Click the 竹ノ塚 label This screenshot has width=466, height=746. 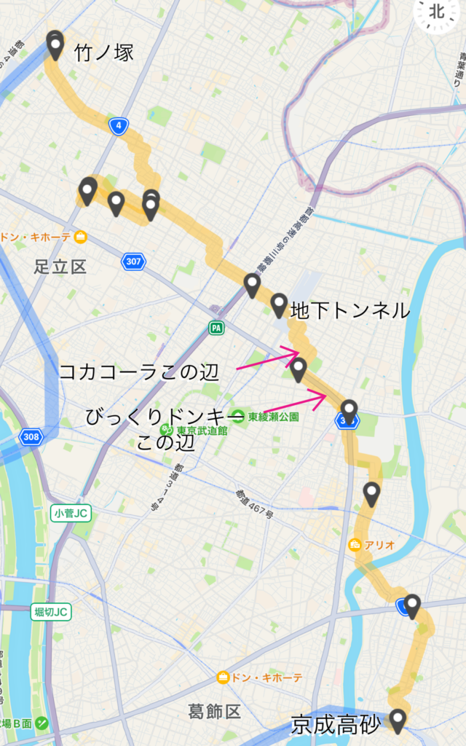104,52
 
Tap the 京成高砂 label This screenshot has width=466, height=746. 336,725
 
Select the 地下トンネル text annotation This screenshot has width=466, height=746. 350,311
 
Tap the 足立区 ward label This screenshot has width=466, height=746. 60,267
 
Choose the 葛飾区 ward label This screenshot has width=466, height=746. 215,711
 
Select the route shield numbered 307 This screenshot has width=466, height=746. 133,261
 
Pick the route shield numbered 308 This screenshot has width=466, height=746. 31,437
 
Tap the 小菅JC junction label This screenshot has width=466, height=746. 71,514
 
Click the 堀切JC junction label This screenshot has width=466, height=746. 52,612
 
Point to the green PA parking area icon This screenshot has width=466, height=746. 216,328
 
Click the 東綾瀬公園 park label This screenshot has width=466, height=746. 274,417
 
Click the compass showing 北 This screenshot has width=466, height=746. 437,12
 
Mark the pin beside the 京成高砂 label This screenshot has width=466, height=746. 398,720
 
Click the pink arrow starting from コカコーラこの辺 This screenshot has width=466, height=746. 267,361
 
